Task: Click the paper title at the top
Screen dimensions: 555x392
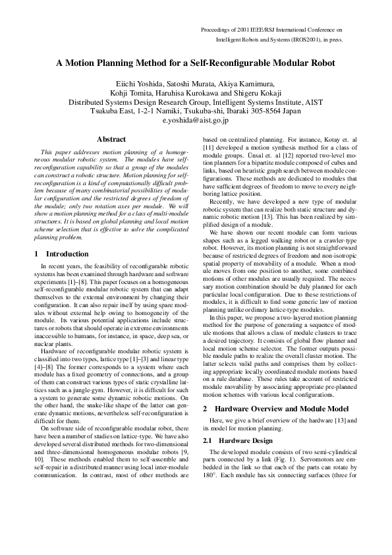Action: pos(196,64)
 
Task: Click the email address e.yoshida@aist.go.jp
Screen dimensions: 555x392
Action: pos(195,121)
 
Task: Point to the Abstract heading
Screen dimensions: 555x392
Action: pos(111,139)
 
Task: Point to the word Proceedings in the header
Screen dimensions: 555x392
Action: pos(217,30)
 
